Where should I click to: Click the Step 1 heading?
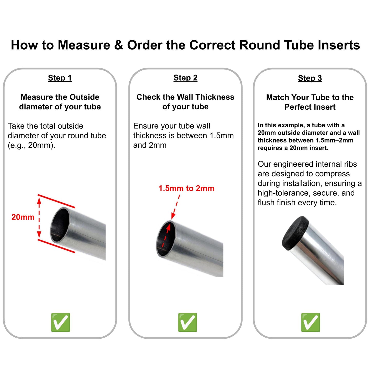tap(60, 78)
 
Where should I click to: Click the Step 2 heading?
tap(185, 78)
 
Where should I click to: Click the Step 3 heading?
tap(310, 78)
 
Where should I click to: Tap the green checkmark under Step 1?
tap(61, 322)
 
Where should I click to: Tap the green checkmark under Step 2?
tap(188, 322)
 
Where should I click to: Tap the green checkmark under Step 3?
tap(311, 322)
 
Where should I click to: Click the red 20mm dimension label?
tap(23, 217)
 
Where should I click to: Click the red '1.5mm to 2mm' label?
tap(186, 188)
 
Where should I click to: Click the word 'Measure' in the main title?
tap(84, 45)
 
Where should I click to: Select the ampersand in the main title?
tap(119, 45)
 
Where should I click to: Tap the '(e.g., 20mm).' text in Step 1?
tap(31, 145)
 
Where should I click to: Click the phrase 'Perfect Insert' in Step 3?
tap(310, 107)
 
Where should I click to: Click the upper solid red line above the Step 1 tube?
tap(56, 201)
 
